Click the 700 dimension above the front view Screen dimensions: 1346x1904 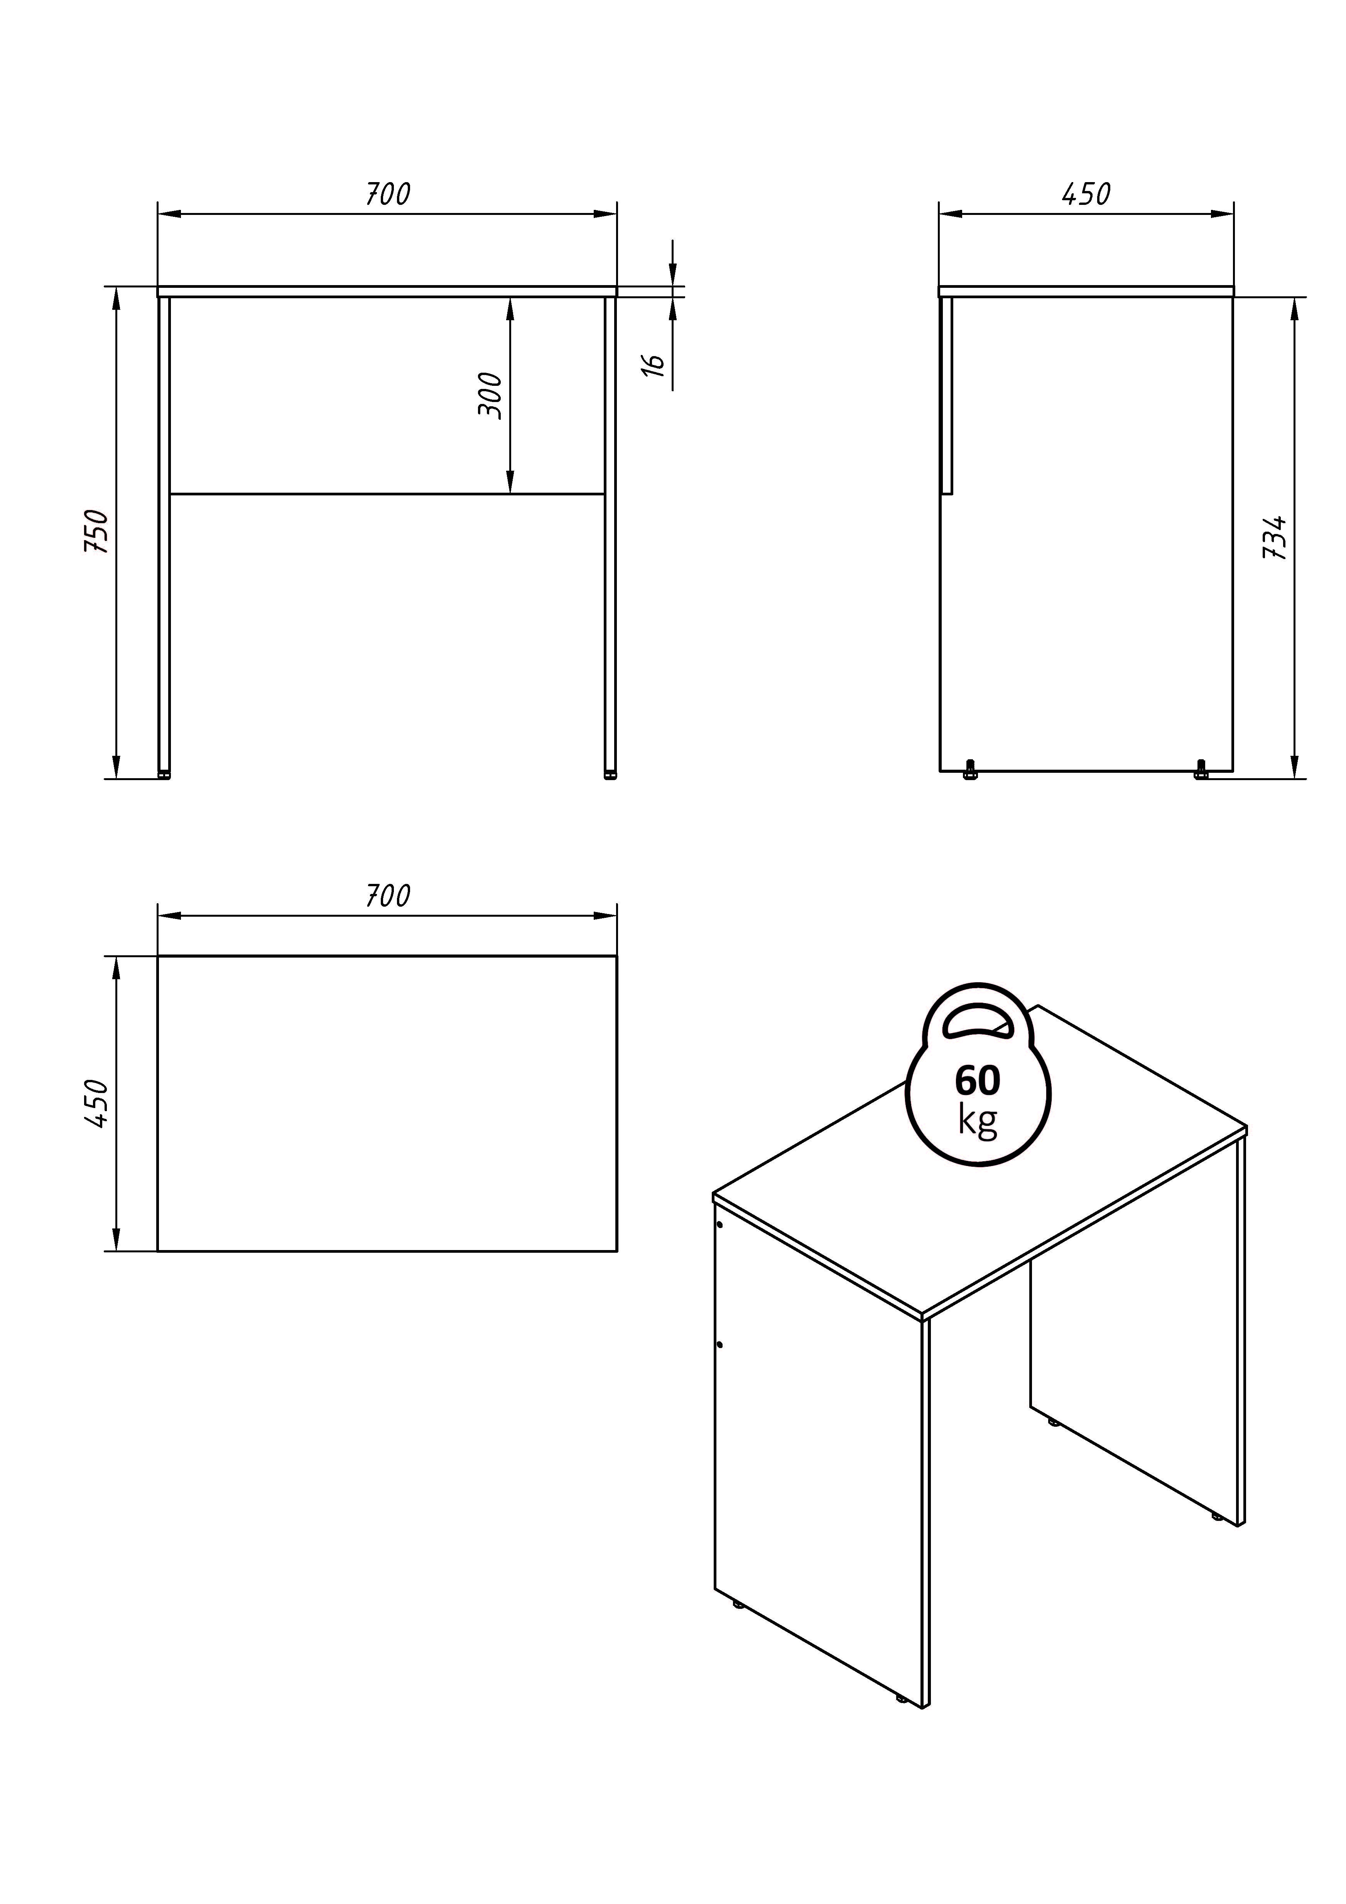pos(388,194)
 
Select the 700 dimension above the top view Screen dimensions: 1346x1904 pos(388,895)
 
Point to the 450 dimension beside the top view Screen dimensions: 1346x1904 pos(97,1103)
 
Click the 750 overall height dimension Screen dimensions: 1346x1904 pos(97,532)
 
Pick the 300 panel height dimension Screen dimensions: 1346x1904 pos(490,396)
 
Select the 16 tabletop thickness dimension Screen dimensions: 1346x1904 pos(654,365)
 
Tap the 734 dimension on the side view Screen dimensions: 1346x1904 pos(1275,537)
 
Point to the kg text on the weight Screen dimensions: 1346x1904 pos(978,1120)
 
